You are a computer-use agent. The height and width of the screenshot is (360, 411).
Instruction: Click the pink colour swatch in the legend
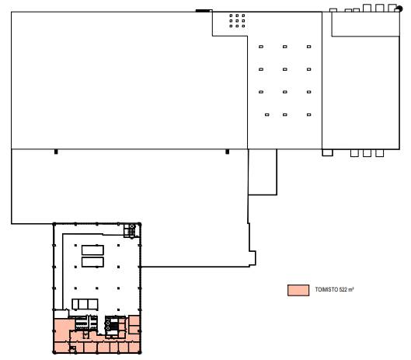point(298,291)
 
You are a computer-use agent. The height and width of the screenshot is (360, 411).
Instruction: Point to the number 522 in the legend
point(343,290)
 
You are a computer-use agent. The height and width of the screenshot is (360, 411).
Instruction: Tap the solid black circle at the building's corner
point(399,9)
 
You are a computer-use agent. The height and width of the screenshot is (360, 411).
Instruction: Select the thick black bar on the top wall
point(204,11)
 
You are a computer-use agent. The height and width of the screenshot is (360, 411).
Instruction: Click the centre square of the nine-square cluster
point(237,21)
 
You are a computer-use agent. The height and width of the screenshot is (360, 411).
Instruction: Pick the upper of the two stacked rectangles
point(92,250)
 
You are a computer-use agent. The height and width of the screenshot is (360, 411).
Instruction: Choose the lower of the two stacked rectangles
point(92,262)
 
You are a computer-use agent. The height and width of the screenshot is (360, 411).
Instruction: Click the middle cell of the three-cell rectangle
point(83,304)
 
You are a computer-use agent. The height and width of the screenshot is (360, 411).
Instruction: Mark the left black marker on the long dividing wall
point(56,152)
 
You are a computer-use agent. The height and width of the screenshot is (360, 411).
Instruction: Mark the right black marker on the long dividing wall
point(228,152)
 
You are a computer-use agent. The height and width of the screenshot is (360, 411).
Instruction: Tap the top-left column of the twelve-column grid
point(261,47)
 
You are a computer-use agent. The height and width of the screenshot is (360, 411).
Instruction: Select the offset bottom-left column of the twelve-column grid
point(266,114)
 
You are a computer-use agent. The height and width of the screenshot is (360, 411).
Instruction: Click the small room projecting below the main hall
point(263,172)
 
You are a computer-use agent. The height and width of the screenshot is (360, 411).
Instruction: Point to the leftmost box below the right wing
point(327,152)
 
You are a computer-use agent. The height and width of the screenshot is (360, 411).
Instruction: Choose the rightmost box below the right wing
point(380,153)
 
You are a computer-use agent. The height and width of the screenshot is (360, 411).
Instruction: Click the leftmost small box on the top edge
point(333,10)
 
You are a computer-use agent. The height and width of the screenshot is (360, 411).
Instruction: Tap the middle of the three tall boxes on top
point(380,8)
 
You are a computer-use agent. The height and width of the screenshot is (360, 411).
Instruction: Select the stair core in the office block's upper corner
point(130,230)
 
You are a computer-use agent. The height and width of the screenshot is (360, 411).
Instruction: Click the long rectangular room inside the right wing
point(365,24)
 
